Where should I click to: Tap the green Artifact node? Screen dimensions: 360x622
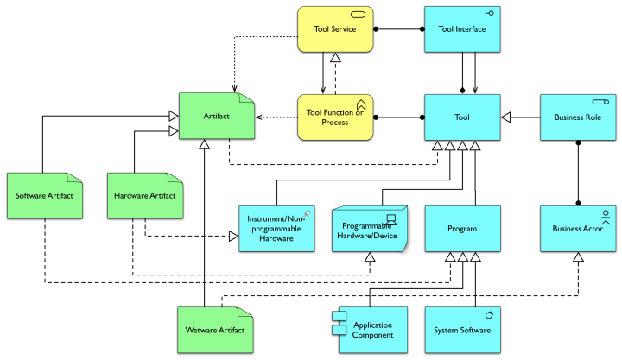217,116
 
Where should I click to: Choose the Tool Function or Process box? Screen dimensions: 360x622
335,117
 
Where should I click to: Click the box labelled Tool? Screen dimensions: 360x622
462,117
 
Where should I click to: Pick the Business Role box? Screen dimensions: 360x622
577,117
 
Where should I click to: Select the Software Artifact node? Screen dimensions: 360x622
44,195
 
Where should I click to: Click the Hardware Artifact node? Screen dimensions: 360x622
145,195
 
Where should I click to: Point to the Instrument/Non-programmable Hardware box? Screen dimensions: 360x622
276,229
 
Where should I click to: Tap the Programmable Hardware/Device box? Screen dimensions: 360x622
369,229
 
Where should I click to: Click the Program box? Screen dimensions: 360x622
462,229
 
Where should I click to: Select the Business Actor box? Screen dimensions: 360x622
577,229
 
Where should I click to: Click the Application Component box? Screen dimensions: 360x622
371,330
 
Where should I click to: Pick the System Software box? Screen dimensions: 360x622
462,330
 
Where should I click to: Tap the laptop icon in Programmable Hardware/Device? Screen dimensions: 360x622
391,217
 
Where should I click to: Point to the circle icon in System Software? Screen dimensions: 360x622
489,314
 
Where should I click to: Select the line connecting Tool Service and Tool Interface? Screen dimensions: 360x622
399,29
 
